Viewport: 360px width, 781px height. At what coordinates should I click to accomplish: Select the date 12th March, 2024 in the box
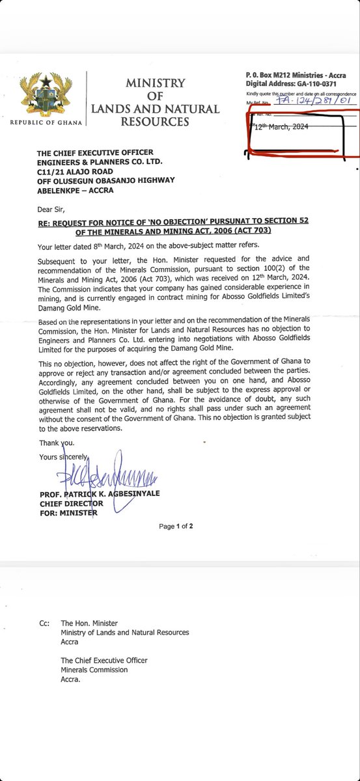pos(282,128)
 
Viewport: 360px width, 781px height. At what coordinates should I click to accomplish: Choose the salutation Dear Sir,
pos(53,210)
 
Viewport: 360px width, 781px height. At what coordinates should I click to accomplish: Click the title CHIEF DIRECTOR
pos(72,504)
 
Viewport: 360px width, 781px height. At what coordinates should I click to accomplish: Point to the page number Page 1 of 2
pos(176,526)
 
